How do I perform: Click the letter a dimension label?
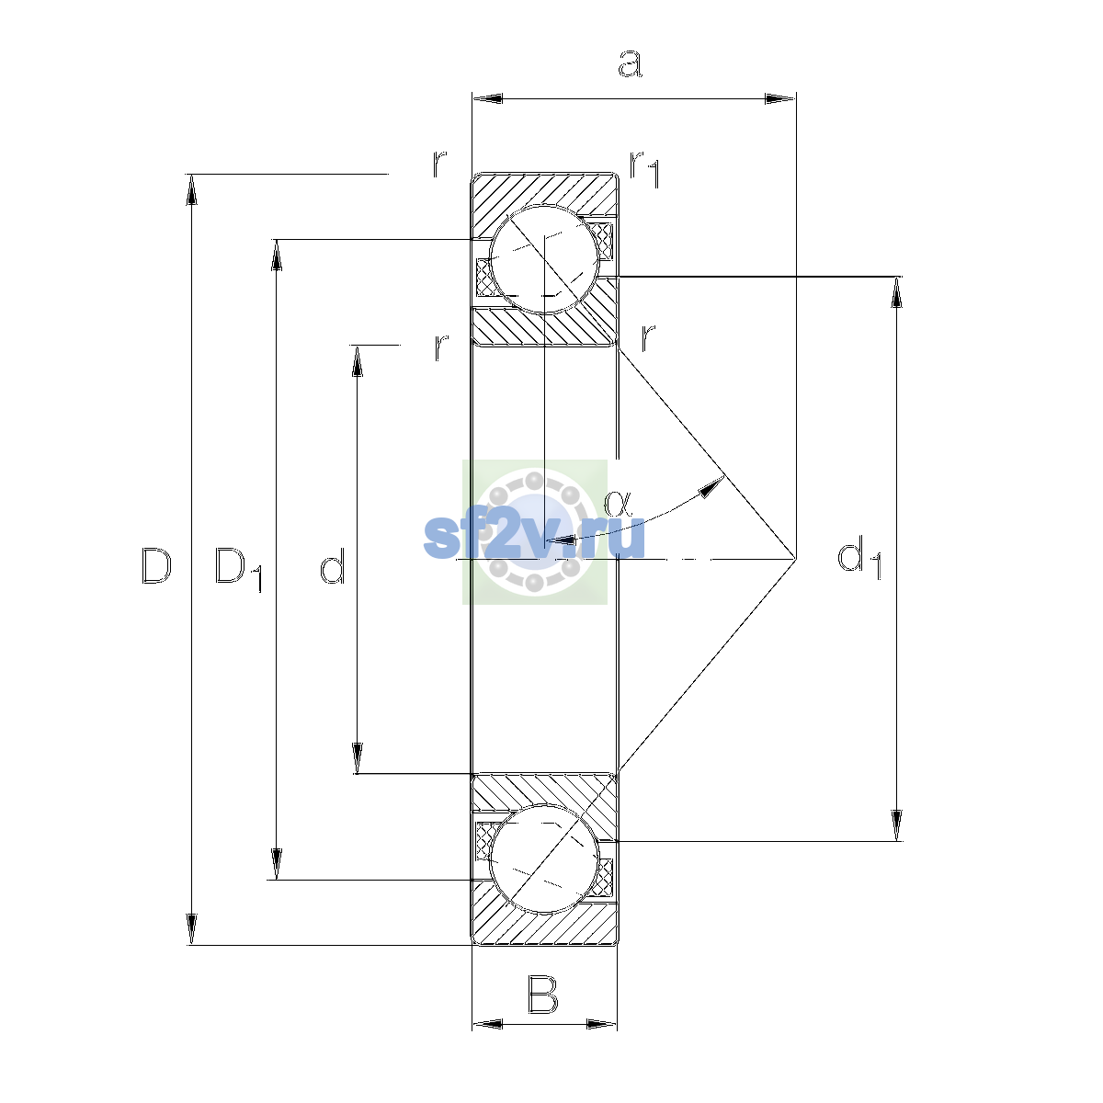click(x=631, y=63)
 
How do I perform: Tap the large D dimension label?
click(x=156, y=565)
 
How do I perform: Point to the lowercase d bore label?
click(x=333, y=565)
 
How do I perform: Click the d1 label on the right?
click(x=859, y=558)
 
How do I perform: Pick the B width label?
click(x=542, y=995)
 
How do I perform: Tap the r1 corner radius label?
click(x=645, y=169)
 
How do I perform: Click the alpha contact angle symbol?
click(x=618, y=504)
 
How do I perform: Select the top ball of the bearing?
click(x=544, y=259)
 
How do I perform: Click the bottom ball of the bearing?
click(x=544, y=859)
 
